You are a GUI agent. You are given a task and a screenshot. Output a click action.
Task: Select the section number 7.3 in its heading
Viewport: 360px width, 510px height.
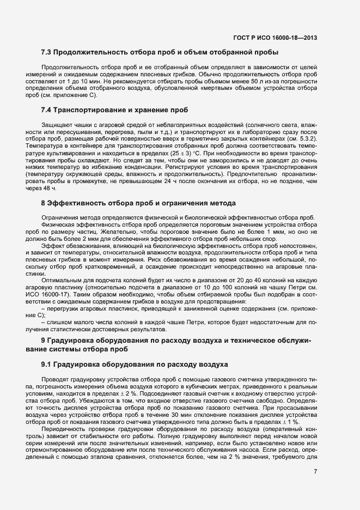(x=48, y=53)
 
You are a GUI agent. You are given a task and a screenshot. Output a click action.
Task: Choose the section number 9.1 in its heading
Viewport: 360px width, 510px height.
(x=48, y=364)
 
